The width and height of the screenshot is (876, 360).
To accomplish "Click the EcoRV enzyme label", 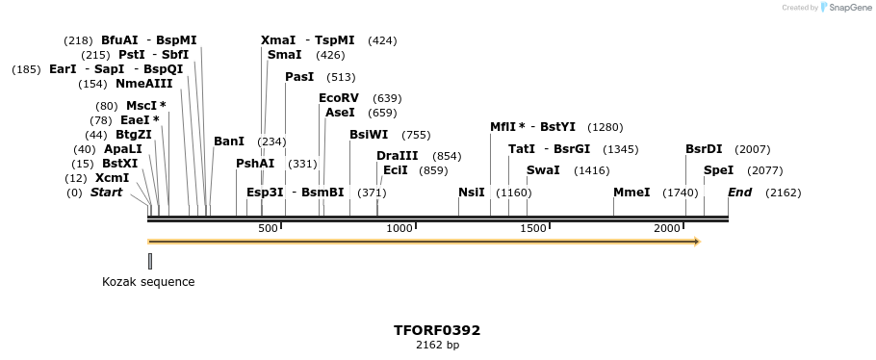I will (338, 98).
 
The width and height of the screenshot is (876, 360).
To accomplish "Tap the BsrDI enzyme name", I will (704, 149).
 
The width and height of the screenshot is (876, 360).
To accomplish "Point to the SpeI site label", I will (718, 170).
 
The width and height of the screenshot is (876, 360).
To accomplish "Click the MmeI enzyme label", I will (631, 193).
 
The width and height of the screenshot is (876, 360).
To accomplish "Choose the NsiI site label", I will (472, 193).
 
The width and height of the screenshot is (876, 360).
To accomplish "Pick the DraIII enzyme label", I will (398, 156).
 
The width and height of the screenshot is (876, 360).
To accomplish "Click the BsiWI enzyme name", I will (369, 135).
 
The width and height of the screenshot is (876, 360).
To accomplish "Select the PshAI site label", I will (255, 164).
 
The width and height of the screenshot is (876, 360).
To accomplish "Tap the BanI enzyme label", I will (229, 141).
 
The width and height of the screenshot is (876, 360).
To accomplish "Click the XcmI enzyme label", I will (112, 178).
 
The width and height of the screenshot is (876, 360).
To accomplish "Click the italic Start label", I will (106, 193).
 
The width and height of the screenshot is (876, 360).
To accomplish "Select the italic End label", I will (739, 193).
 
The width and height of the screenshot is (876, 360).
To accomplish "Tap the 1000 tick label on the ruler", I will (399, 228).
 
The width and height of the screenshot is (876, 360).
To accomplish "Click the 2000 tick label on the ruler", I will (666, 228).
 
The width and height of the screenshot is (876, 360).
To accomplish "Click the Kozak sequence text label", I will (148, 282).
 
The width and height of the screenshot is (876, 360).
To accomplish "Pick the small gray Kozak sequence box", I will (150, 261).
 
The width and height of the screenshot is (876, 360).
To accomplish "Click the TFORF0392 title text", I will (437, 330).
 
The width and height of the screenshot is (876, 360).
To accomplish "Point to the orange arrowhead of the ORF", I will (696, 242).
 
